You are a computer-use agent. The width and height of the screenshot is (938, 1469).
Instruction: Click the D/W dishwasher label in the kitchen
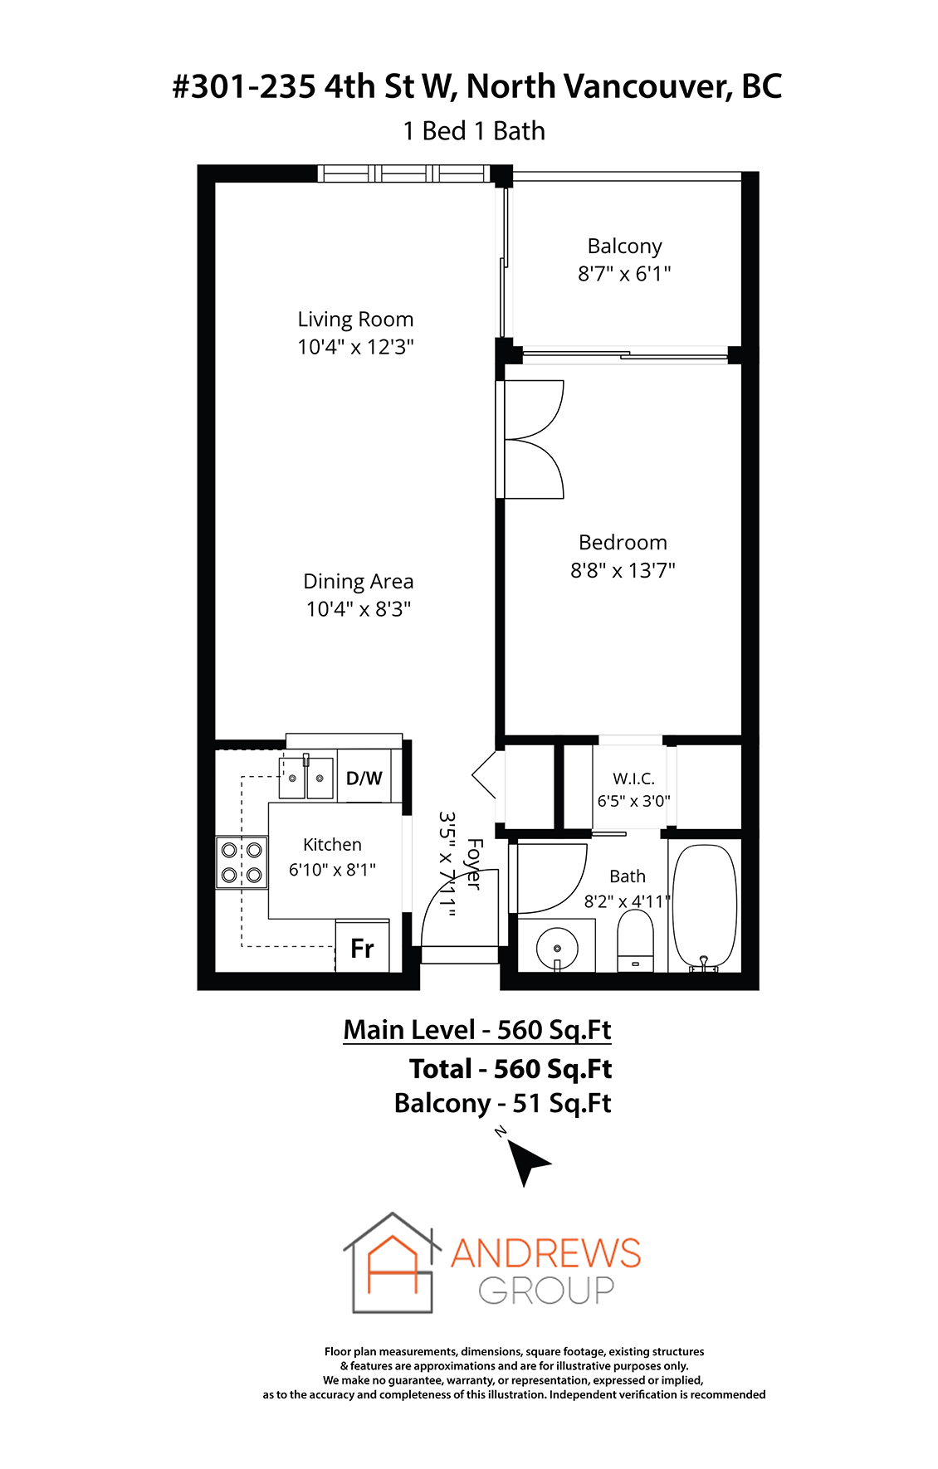pyautogui.click(x=364, y=778)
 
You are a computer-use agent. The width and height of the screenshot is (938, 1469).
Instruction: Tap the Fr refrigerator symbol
pyautogui.click(x=362, y=948)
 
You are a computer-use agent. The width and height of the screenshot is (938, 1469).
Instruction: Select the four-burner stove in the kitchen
pyautogui.click(x=242, y=862)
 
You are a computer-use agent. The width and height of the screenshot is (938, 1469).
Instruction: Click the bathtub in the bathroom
pyautogui.click(x=704, y=907)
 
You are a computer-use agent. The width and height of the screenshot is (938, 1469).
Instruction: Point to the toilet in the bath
pyautogui.click(x=636, y=941)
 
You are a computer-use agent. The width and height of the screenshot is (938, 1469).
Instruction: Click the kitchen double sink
pyautogui.click(x=305, y=778)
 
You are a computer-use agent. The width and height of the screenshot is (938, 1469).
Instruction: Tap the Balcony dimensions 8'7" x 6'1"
pyautogui.click(x=624, y=273)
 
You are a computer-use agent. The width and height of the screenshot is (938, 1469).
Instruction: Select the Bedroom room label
pyautogui.click(x=623, y=543)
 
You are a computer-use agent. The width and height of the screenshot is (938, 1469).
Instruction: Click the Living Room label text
pyautogui.click(x=355, y=320)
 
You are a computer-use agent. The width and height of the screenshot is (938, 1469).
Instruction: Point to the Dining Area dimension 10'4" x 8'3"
pyautogui.click(x=359, y=609)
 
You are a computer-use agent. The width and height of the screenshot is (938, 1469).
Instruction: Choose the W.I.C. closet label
pyautogui.click(x=634, y=778)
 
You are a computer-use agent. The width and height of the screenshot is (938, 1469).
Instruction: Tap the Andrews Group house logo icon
pyautogui.click(x=392, y=1262)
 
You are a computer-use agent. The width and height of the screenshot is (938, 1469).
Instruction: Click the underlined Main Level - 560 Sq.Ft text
pyautogui.click(x=477, y=1030)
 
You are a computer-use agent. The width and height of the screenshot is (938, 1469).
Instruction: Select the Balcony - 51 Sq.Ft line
pyautogui.click(x=503, y=1104)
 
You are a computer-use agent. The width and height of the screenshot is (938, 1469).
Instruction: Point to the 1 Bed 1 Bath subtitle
pyautogui.click(x=474, y=131)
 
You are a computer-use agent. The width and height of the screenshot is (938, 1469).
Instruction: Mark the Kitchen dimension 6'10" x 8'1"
pyautogui.click(x=332, y=870)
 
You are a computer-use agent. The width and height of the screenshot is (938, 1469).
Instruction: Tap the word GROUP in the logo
pyautogui.click(x=546, y=1290)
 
